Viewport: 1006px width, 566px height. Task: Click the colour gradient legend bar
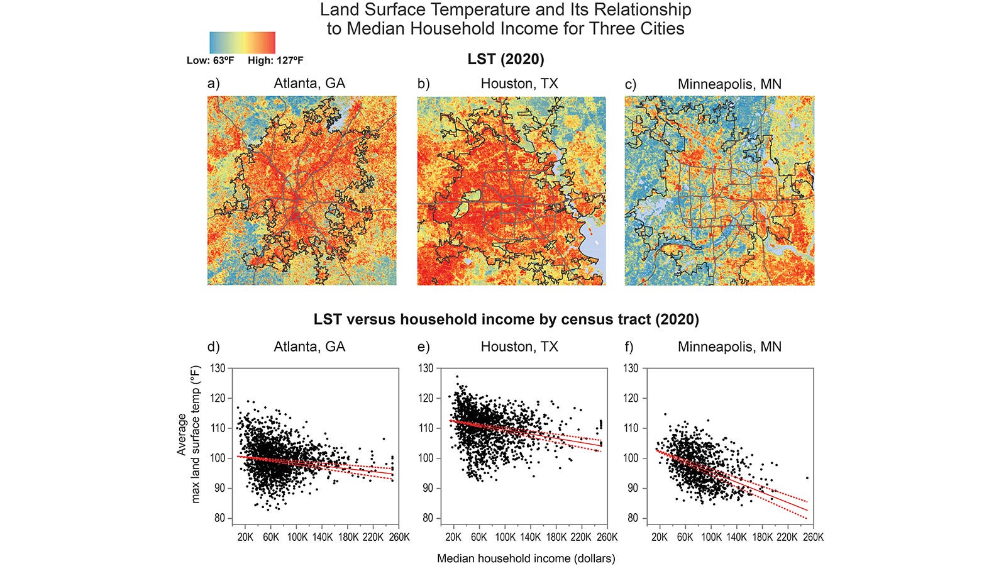[x=242, y=43]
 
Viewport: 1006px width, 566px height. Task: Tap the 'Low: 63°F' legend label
[x=211, y=61]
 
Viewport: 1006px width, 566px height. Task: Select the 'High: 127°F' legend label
[x=275, y=61]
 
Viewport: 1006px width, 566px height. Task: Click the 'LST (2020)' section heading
[x=506, y=59]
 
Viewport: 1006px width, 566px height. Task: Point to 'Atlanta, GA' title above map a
[x=309, y=84]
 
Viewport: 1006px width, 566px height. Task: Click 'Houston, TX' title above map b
[x=519, y=84]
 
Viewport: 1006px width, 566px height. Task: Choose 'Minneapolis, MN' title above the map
[x=729, y=84]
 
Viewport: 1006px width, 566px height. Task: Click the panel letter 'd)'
[x=214, y=347]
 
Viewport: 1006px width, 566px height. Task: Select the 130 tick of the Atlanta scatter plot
[x=218, y=368]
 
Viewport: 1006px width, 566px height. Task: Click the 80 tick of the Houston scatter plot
[x=428, y=518]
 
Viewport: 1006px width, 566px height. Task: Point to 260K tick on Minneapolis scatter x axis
[x=814, y=537]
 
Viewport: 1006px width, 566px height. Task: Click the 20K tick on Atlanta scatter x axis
[x=245, y=537]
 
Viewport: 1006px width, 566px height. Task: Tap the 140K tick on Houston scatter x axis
[x=530, y=537]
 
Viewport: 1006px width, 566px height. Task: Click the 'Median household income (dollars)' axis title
[x=526, y=558]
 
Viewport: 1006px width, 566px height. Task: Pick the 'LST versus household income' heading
[x=506, y=319]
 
